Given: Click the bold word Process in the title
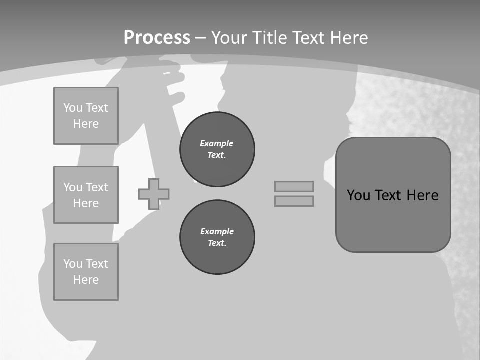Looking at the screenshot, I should [x=157, y=37].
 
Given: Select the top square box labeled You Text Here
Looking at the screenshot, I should [x=86, y=116].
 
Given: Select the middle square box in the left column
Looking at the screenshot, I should [x=86, y=195].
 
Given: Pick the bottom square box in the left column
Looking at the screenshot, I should [x=86, y=272].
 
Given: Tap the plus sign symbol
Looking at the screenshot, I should [x=154, y=194].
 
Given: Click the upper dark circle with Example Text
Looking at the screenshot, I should [x=217, y=149].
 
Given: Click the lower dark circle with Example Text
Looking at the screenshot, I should [x=217, y=237].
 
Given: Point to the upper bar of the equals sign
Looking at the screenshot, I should [x=294, y=186].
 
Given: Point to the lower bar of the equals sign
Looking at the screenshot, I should [x=294, y=201].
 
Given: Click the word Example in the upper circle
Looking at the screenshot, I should [x=216, y=143].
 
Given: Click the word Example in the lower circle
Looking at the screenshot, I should [x=217, y=231].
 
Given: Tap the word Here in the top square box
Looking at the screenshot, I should [x=86, y=124].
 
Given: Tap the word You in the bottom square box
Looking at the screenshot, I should [x=73, y=264].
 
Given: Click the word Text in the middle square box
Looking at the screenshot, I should [x=97, y=187].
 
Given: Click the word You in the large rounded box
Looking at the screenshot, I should [x=358, y=195].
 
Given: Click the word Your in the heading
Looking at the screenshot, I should [x=230, y=37].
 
